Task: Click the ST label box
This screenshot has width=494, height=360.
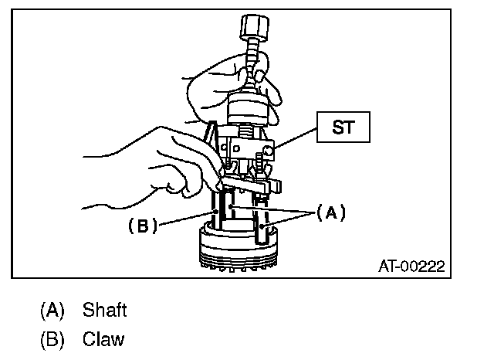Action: [344, 127]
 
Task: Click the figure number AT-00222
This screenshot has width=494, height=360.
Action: [411, 267]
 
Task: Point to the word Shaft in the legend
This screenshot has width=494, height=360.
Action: [104, 311]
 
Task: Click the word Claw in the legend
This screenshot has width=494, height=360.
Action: [103, 339]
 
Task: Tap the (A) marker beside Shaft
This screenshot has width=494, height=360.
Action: [52, 311]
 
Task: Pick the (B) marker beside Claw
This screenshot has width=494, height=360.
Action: [52, 339]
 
